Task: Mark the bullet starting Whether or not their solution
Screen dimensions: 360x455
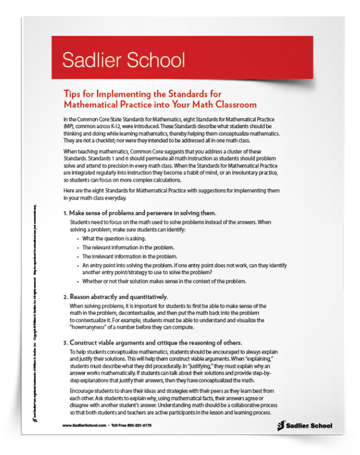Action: [x=164, y=281]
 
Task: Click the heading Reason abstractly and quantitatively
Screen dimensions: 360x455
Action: [x=118, y=297]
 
